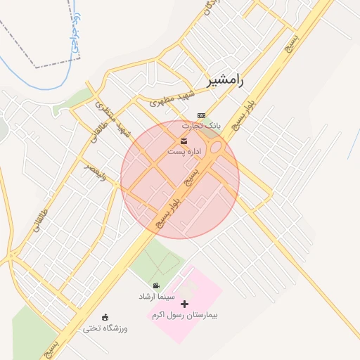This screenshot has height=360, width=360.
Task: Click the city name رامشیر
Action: pyautogui.click(x=224, y=80)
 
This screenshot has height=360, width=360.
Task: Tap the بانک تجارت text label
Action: pyautogui.click(x=202, y=125)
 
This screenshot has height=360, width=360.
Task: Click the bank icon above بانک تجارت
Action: pyautogui.click(x=202, y=115)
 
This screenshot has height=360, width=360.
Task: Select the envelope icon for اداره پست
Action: pyautogui.click(x=174, y=142)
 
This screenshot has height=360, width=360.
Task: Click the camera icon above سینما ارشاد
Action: pyautogui.click(x=155, y=286)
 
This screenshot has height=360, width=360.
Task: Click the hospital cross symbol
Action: pyautogui.click(x=184, y=304)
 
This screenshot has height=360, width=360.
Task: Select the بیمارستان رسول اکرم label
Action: pyautogui.click(x=184, y=315)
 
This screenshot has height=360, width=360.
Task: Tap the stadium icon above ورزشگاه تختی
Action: pyautogui.click(x=105, y=317)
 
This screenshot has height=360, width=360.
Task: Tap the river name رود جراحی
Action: pyautogui.click(x=75, y=32)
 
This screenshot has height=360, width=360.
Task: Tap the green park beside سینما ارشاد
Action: pyautogui.click(x=158, y=264)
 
